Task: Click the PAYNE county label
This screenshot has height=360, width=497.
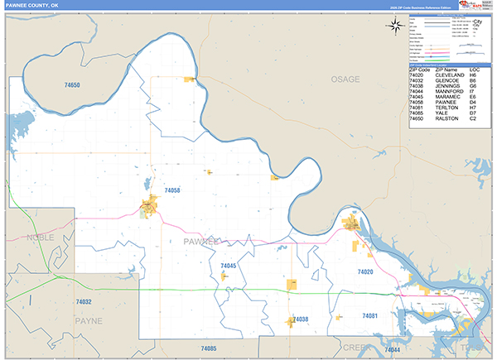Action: pyautogui.click(x=88, y=319)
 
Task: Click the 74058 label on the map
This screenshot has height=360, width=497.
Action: pyautogui.click(x=171, y=190)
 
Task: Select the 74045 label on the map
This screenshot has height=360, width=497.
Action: pyautogui.click(x=229, y=266)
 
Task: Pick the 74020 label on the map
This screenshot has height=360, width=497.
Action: pyautogui.click(x=365, y=271)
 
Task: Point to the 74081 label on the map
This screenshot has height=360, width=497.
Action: pyautogui.click(x=369, y=316)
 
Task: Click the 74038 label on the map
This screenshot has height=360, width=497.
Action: pyautogui.click(x=300, y=319)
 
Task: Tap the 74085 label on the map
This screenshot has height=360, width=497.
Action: pyautogui.click(x=208, y=348)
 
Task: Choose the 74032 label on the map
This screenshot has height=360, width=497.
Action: pyautogui.click(x=83, y=302)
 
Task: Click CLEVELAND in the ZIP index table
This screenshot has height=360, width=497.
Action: pyautogui.click(x=450, y=74)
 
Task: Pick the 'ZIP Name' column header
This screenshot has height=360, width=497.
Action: pyautogui.click(x=447, y=69)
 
